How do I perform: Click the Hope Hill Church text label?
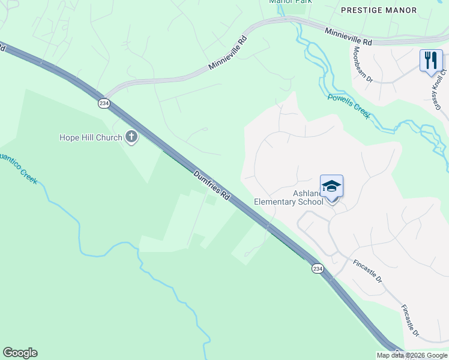[x=90, y=137]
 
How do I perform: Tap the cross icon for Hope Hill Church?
[x=131, y=137]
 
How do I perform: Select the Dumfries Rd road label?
[x=212, y=185]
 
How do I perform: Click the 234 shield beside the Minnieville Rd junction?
[x=104, y=103]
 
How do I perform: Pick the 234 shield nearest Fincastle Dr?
[x=317, y=269]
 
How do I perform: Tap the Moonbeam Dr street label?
[x=363, y=65]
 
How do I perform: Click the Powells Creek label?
[x=349, y=106]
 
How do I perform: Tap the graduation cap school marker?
[x=331, y=187]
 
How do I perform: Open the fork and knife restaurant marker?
[x=431, y=61]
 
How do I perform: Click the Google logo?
[x=20, y=353]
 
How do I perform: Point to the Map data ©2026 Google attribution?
[x=412, y=355]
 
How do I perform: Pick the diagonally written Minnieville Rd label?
[x=228, y=54]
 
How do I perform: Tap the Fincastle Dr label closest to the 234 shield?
[x=368, y=271]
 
